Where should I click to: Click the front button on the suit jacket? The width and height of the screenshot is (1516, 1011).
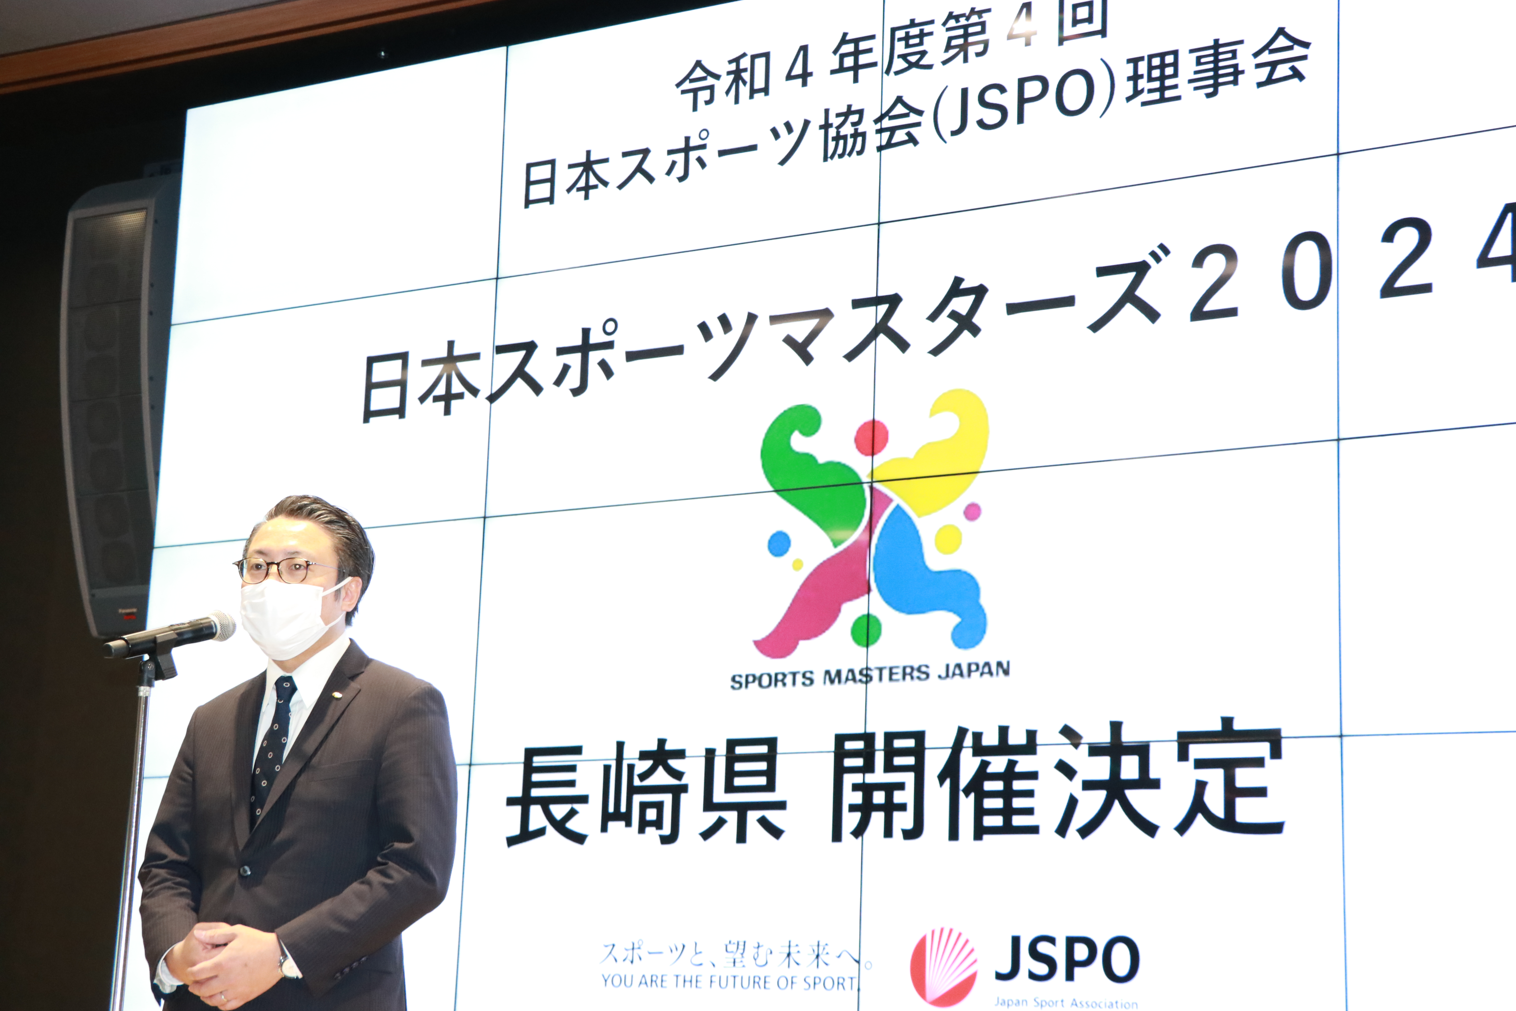coord(245,871)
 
